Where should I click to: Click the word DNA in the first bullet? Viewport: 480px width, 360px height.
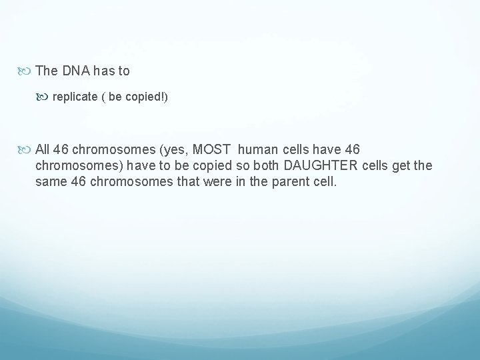pyautogui.click(x=75, y=70)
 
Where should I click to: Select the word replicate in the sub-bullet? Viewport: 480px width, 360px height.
pyautogui.click(x=74, y=97)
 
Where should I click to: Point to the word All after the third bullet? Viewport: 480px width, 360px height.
pyautogui.click(x=43, y=149)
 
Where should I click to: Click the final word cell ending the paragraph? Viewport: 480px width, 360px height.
pyautogui.click(x=327, y=181)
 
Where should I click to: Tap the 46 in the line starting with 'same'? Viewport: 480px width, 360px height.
pyautogui.click(x=77, y=181)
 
